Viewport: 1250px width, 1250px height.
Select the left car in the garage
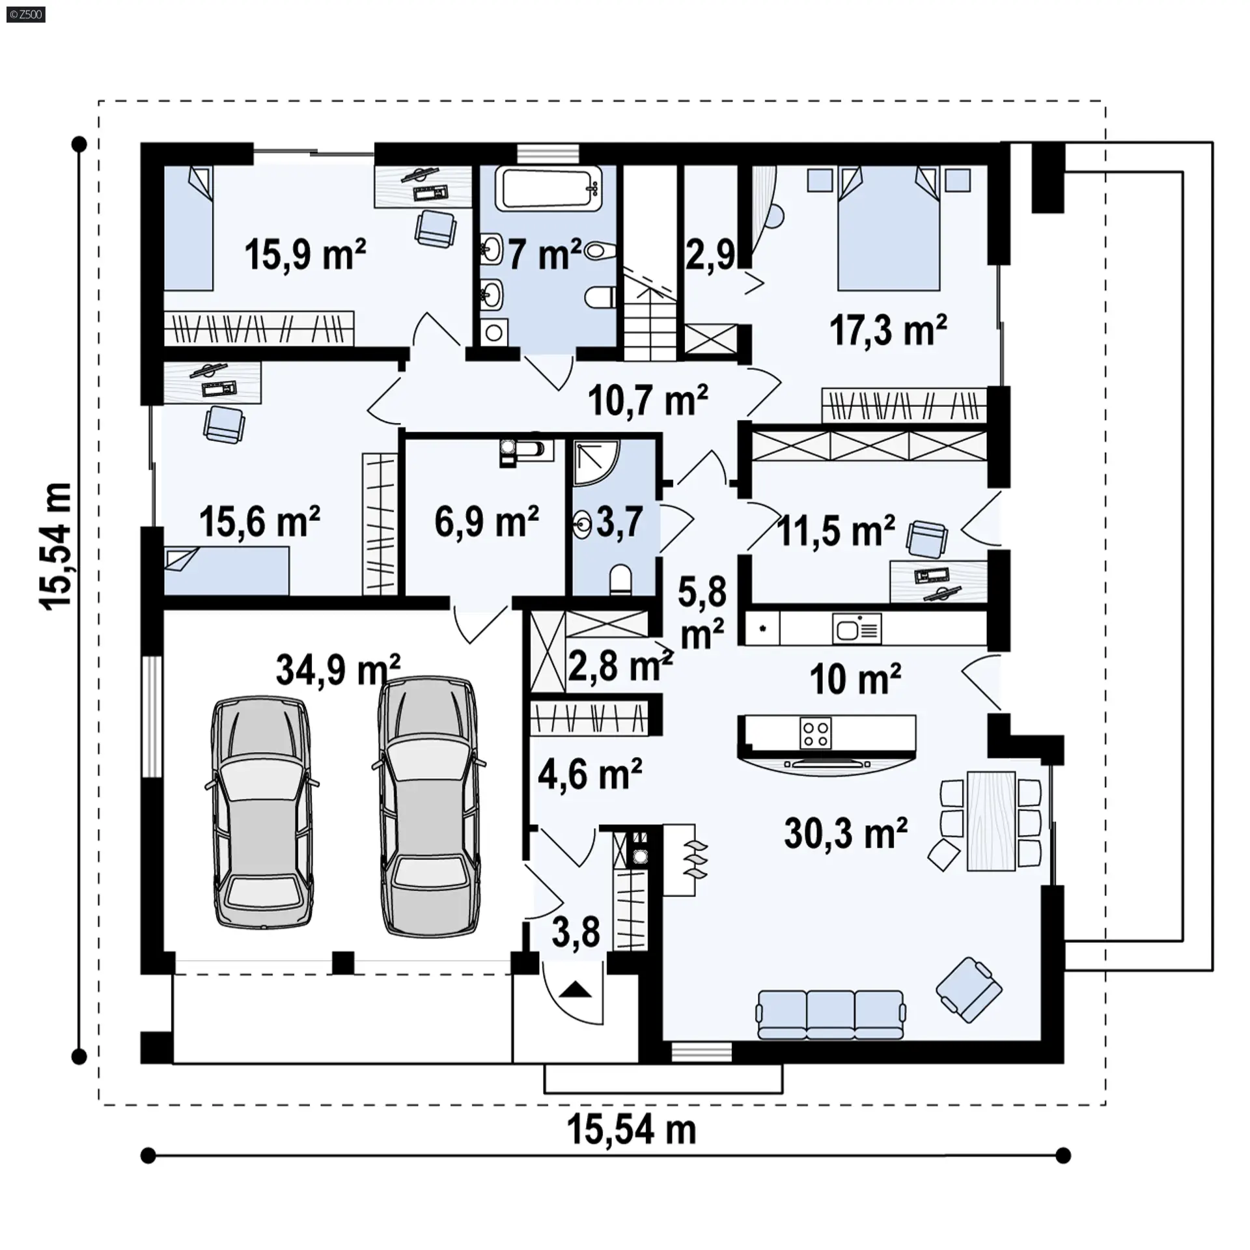click(262, 813)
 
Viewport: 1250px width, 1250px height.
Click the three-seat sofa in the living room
click(830, 1014)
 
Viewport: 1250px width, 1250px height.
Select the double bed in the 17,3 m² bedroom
click(889, 229)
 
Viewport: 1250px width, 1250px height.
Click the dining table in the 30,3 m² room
click(991, 820)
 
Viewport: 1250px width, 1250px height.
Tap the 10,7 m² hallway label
click(648, 400)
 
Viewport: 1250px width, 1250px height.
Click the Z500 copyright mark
click(27, 14)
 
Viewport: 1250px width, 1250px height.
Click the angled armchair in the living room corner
click(969, 990)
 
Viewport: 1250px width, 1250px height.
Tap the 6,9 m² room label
click(486, 521)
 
